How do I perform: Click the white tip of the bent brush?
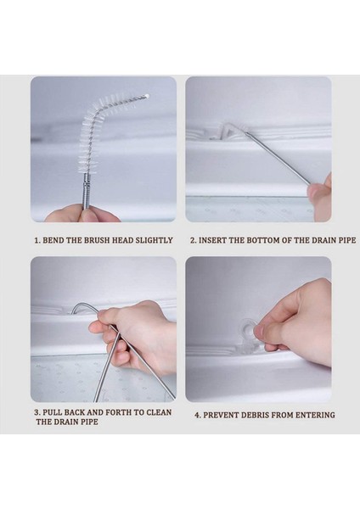coord(147,96)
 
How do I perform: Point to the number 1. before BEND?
coord(37,241)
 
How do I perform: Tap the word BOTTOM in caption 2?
coord(263,241)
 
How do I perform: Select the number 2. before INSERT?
coord(194,241)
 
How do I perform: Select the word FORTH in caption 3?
coord(119,412)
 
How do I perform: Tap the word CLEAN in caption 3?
coord(159,412)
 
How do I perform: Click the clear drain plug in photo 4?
coord(247,327)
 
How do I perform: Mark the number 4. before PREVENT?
coord(198,415)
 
